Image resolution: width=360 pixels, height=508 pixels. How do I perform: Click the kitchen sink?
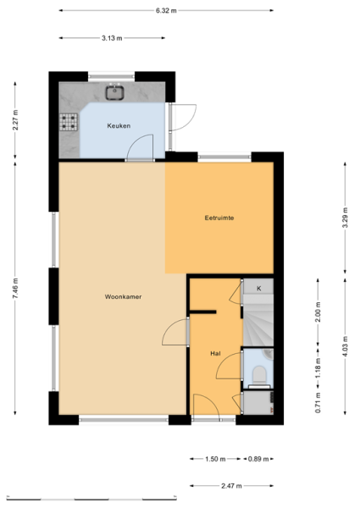(x=114, y=92)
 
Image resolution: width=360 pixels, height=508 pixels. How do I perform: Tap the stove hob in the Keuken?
(x=69, y=122)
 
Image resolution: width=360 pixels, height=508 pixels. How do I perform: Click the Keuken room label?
(x=119, y=125)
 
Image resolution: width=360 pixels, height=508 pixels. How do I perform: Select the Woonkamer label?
(x=123, y=296)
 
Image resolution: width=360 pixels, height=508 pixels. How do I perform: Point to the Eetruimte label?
(x=219, y=218)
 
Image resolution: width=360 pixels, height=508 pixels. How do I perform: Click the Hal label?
(x=215, y=353)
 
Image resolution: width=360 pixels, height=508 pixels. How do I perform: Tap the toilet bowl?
(x=259, y=374)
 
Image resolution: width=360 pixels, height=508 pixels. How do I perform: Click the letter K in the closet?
(x=259, y=289)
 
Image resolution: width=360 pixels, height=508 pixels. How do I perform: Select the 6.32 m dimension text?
(x=166, y=10)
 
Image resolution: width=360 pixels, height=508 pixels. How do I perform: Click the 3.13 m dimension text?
(x=112, y=38)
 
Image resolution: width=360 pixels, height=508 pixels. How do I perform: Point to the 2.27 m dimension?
(x=15, y=120)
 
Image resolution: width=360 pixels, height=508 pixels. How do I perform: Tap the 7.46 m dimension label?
(x=15, y=289)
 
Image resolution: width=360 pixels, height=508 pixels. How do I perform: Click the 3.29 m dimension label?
(x=345, y=218)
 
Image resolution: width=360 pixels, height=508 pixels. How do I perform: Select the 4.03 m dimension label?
(x=345, y=346)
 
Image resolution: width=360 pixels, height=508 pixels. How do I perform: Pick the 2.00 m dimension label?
(x=318, y=312)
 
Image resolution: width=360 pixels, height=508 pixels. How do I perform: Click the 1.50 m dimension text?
(x=215, y=459)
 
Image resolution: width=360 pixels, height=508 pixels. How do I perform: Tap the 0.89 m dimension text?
(x=258, y=459)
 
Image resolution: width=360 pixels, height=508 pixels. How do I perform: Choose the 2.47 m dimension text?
(x=231, y=486)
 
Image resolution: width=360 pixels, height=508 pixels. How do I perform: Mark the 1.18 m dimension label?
(x=318, y=368)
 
